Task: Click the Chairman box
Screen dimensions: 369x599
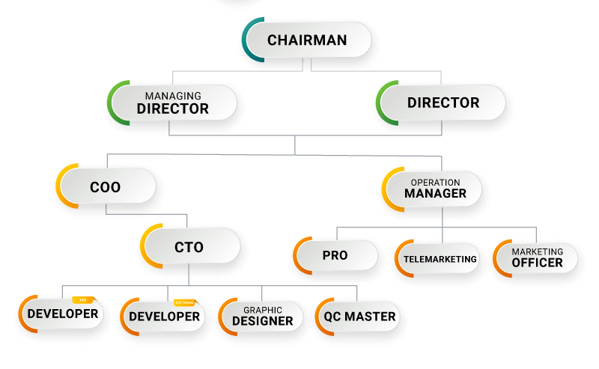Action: click(x=307, y=40)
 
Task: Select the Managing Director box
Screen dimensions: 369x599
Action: click(x=173, y=103)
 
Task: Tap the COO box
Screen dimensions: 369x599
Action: click(x=106, y=186)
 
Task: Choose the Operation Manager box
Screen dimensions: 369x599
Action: click(x=435, y=188)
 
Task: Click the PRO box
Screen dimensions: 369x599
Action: click(x=335, y=255)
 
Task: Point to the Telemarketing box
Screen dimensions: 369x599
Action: click(x=440, y=259)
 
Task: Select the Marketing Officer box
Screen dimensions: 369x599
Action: click(x=537, y=258)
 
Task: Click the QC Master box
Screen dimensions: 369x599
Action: click(x=359, y=316)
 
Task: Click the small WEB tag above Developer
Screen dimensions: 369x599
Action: click(x=83, y=299)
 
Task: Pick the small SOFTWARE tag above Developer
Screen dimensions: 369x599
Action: click(x=184, y=303)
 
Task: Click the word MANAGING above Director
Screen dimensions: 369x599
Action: click(x=173, y=96)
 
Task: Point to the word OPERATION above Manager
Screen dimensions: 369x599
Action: click(x=435, y=182)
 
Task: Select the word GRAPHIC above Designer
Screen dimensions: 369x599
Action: click(x=262, y=310)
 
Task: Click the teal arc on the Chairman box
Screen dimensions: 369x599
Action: click(x=246, y=40)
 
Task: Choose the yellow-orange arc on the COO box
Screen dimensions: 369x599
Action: click(x=59, y=186)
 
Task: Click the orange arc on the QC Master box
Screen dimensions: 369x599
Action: click(x=317, y=316)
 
